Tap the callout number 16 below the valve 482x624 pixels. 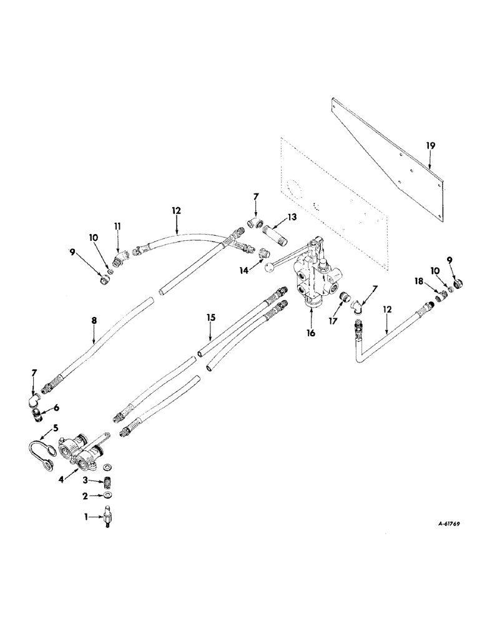(x=310, y=333)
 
